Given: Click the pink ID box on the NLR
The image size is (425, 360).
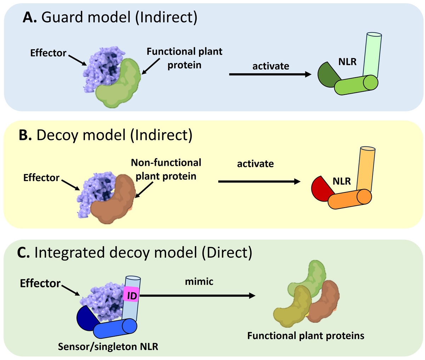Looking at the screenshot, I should click(x=131, y=296).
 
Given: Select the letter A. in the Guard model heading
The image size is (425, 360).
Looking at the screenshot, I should click(x=30, y=17).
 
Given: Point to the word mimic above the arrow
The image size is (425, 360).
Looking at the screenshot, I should click(x=199, y=281).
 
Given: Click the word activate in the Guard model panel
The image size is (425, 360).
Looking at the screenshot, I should click(x=271, y=66).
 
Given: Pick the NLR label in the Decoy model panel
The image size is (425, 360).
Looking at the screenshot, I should click(x=341, y=181).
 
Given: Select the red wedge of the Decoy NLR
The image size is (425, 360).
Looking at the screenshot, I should click(x=321, y=189).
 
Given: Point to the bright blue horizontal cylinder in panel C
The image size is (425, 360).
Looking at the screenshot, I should click(x=115, y=328).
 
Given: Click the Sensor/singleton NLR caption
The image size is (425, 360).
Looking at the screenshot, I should click(x=108, y=346).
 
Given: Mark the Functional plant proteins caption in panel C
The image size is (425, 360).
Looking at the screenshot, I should click(x=305, y=335).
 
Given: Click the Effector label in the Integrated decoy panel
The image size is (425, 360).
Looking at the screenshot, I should click(x=40, y=283).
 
